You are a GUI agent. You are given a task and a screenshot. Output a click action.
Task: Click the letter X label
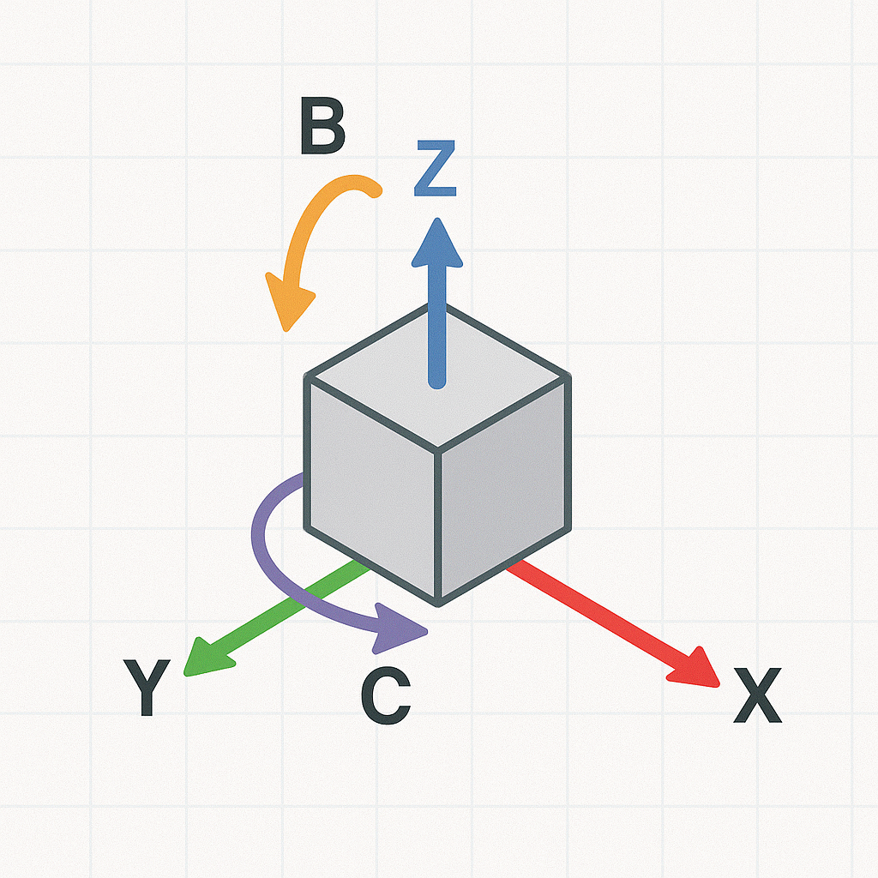[x=758, y=695]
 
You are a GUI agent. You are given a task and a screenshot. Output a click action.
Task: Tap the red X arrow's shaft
[x=600, y=613]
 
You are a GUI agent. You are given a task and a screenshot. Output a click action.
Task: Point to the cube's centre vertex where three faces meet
[x=438, y=448]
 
